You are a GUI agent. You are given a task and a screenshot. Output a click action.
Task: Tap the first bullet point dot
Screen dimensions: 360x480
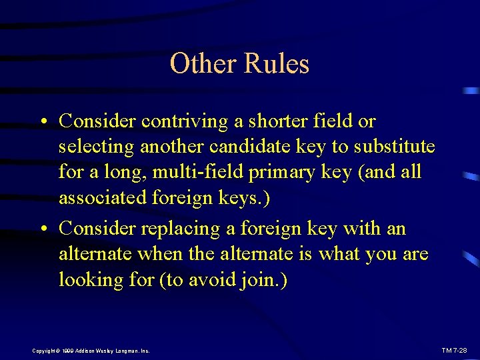pos(42,122)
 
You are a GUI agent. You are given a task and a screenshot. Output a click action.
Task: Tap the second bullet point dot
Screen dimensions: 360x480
pos(42,229)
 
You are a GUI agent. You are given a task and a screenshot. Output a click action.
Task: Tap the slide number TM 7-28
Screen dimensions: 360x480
pos(454,351)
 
